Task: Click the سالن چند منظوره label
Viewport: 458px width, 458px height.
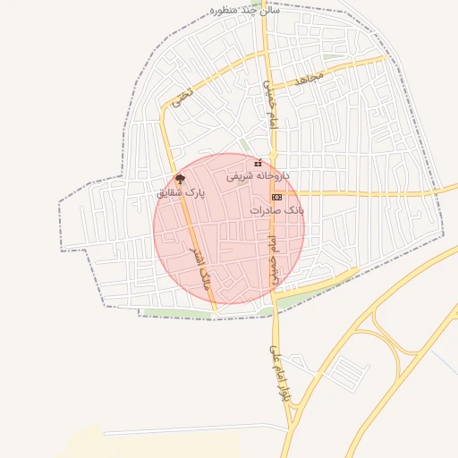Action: (244, 10)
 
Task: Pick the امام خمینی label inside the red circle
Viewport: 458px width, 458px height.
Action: (273, 259)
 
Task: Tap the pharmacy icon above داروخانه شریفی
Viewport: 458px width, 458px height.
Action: (259, 163)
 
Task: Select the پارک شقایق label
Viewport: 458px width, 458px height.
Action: (181, 192)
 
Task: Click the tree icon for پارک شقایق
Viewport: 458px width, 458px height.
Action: (181, 179)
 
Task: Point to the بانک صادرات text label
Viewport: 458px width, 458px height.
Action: (277, 208)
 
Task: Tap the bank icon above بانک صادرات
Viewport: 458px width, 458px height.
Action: (276, 195)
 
